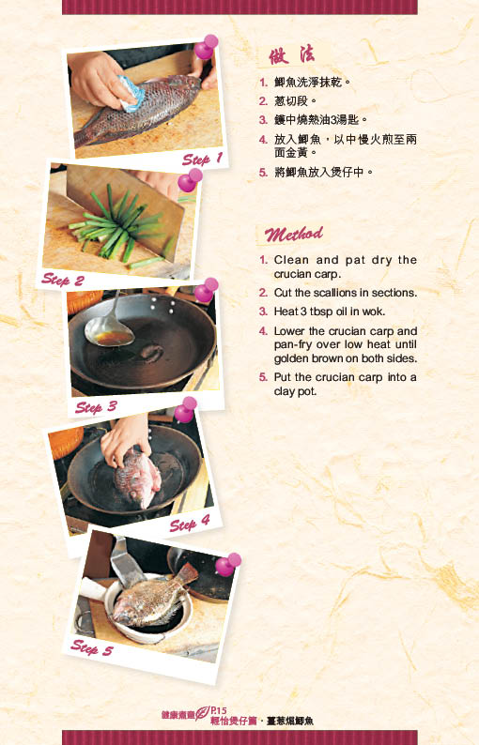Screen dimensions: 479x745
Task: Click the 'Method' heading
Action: [293, 234]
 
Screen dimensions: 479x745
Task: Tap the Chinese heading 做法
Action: [291, 55]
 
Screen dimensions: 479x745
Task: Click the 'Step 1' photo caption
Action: [202, 160]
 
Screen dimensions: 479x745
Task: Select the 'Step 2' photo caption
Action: [62, 280]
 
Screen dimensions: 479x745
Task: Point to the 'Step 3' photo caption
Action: [96, 407]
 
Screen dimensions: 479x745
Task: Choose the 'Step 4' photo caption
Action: [190, 525]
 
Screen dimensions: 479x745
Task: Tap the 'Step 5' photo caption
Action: [91, 647]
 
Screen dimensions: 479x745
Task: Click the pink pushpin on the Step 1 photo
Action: [206, 47]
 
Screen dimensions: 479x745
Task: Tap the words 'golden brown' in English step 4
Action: [307, 358]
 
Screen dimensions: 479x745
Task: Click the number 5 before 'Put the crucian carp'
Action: [263, 377]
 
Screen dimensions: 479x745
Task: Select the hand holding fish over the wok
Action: [125, 438]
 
